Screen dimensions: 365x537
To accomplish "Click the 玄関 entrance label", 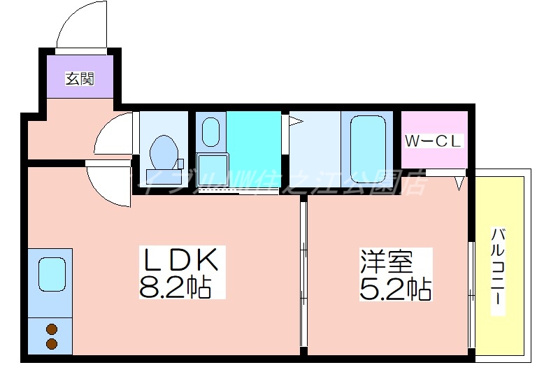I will coord(80,78).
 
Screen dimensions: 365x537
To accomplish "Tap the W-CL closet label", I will coord(434,141).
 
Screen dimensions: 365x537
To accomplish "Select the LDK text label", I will coord(181,261).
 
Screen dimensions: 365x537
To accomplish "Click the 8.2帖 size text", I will coord(175,286).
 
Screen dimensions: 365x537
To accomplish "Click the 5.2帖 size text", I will coord(395,287).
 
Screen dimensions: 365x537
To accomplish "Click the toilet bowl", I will coord(166,148).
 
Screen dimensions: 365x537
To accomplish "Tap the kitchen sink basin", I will coord(52,274).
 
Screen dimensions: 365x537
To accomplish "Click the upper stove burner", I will coord(51,329).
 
